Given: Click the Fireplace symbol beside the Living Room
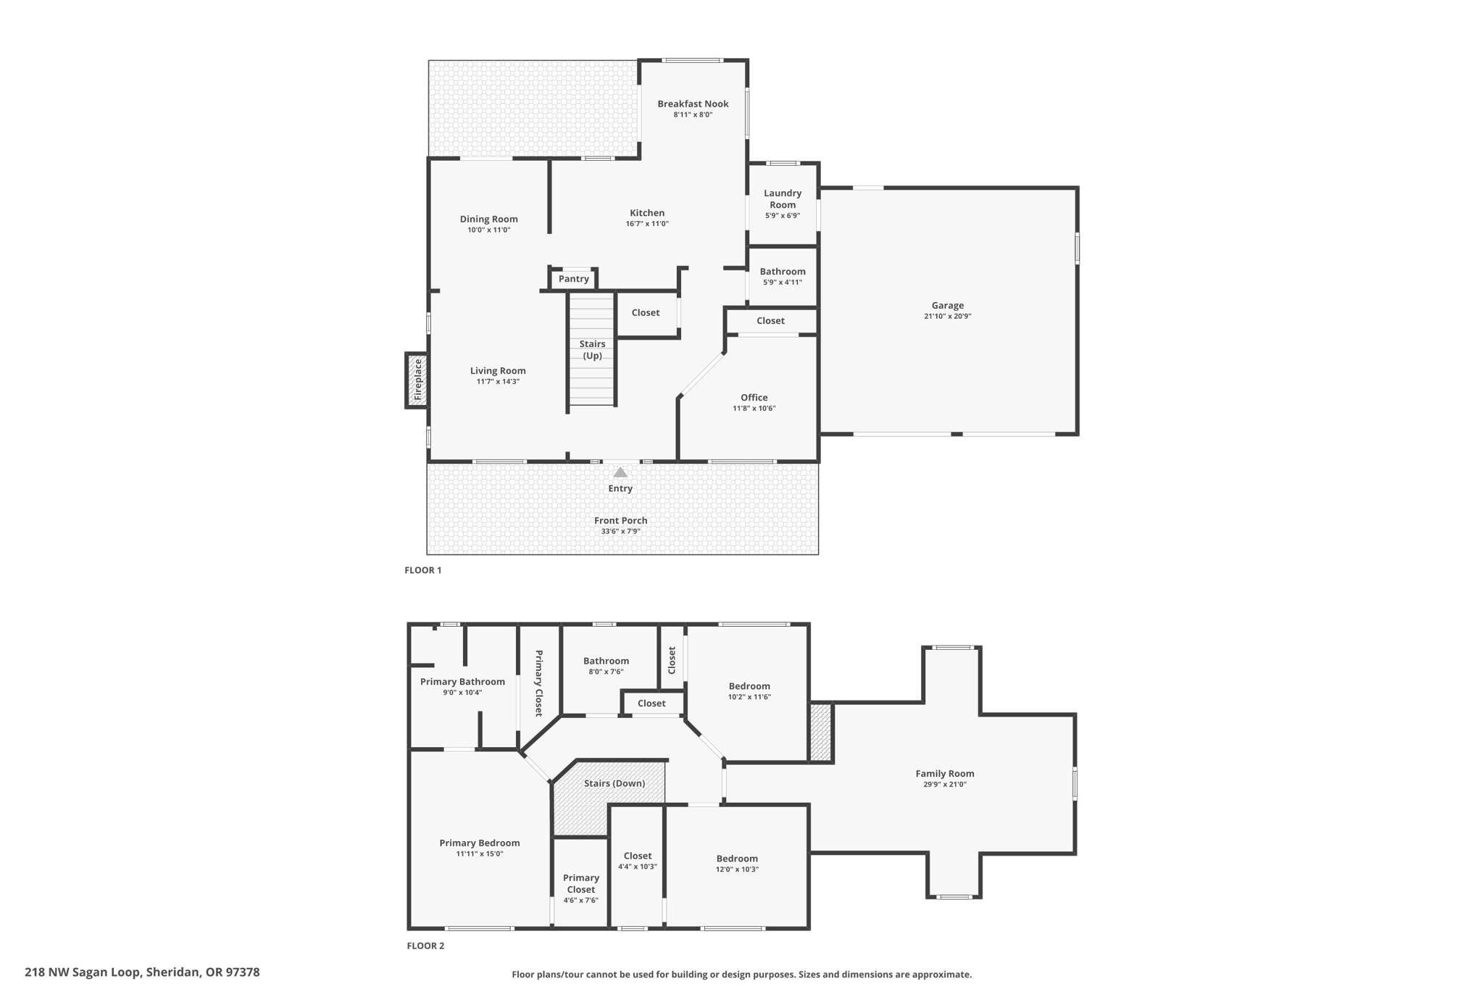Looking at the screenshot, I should pyautogui.click(x=417, y=380).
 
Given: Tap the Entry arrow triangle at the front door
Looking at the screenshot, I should pyautogui.click(x=620, y=472).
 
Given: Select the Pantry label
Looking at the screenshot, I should pyautogui.click(x=574, y=279).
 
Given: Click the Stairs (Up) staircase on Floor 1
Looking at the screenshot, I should pyautogui.click(x=592, y=349).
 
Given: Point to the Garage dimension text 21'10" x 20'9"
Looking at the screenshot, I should pyautogui.click(x=947, y=316).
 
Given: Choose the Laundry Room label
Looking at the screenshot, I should pyautogui.click(x=783, y=199).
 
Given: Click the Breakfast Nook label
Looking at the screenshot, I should pyautogui.click(x=693, y=104).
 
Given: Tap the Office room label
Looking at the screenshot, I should pyautogui.click(x=754, y=397).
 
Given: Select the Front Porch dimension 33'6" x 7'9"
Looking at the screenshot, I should pyautogui.click(x=620, y=531).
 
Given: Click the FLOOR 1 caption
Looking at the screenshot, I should pyautogui.click(x=422, y=570).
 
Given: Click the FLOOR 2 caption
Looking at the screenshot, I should pyautogui.click(x=425, y=946).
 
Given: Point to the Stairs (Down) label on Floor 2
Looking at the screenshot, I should pyautogui.click(x=614, y=783).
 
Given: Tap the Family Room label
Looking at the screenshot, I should pyautogui.click(x=944, y=773).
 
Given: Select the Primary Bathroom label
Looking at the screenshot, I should pyautogui.click(x=462, y=681).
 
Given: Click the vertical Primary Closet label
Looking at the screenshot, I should pyautogui.click(x=539, y=683).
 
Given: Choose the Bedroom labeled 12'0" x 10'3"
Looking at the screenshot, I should pyautogui.click(x=737, y=859).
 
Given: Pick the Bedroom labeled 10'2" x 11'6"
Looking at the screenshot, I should pyautogui.click(x=749, y=686).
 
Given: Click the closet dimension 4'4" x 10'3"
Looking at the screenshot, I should pyautogui.click(x=637, y=867).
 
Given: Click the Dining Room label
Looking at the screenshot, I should pyautogui.click(x=488, y=219).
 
